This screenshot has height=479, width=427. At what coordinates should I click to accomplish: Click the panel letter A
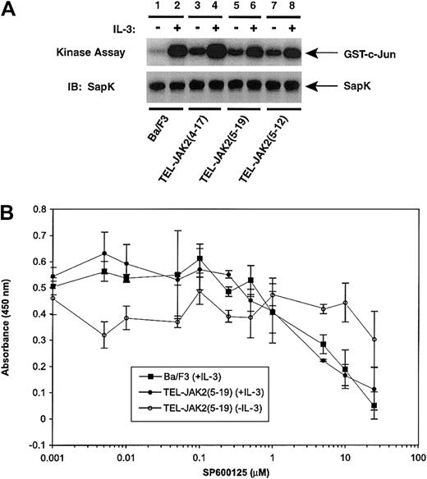[11, 11]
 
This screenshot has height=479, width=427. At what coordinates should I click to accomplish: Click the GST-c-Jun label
[372, 53]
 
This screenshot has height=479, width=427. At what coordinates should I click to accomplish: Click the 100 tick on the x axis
[417, 457]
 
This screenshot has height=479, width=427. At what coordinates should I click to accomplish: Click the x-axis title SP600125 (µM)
[232, 472]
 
